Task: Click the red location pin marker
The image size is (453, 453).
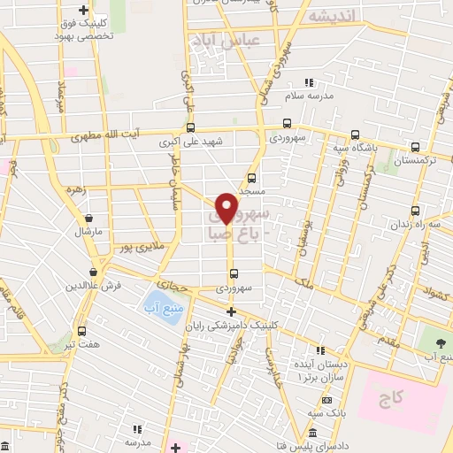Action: [x=227, y=208]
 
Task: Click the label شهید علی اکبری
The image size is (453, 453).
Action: [x=191, y=141]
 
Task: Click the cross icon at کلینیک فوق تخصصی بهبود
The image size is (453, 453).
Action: [x=83, y=11]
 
